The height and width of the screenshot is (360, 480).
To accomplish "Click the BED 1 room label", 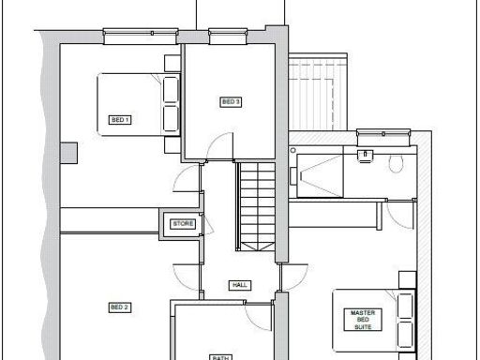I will pyautogui.click(x=121, y=120).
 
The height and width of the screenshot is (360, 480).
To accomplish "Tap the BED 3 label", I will pyautogui.click(x=231, y=101).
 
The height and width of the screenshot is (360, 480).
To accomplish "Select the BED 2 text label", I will pyautogui.click(x=119, y=307).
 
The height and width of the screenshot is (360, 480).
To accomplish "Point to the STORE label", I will pyautogui.click(x=179, y=224).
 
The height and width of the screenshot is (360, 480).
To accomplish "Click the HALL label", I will pyautogui.click(x=239, y=284).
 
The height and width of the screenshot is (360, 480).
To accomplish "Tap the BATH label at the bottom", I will pyautogui.click(x=220, y=355).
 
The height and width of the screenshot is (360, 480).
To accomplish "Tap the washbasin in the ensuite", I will pyautogui.click(x=366, y=154).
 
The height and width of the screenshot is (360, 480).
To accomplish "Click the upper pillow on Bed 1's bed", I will pyautogui.click(x=171, y=88).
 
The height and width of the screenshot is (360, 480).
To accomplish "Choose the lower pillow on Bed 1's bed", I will pyautogui.click(x=171, y=118).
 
